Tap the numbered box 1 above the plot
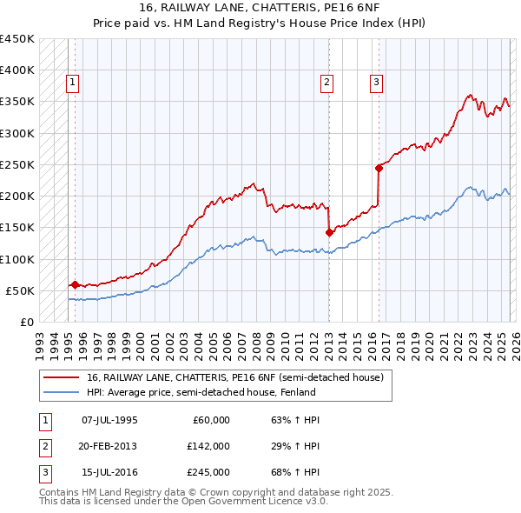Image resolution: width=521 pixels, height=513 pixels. [73, 83]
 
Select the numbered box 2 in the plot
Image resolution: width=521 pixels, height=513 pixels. [327, 83]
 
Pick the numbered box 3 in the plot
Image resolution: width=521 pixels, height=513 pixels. [377, 83]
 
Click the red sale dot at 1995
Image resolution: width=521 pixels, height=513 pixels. [75, 284]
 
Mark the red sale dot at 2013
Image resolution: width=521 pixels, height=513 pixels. [329, 232]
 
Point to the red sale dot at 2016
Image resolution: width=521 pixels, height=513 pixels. [379, 168]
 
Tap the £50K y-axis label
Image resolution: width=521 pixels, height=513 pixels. [20, 290]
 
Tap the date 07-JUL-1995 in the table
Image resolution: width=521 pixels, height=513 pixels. [109, 420]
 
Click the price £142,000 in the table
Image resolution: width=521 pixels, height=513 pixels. [208, 446]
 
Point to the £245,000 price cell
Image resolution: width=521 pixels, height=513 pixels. [208, 472]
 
